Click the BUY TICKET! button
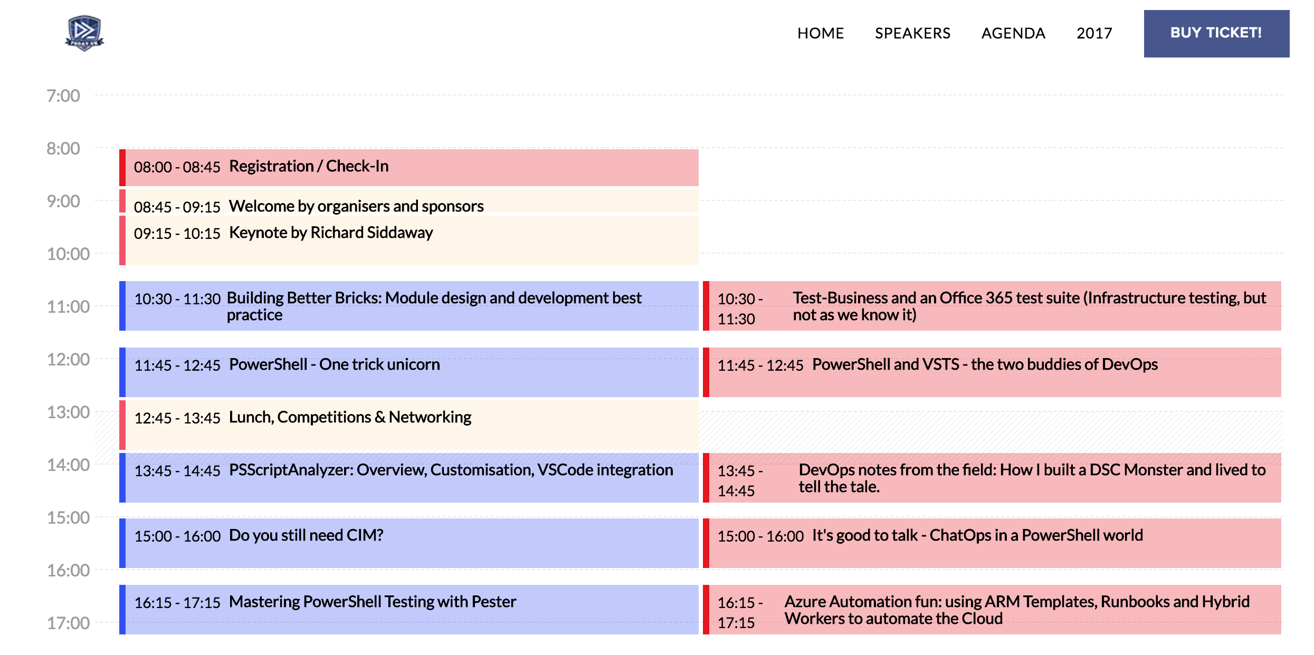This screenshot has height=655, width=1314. (x=1216, y=33)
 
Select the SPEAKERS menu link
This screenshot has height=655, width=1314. (x=912, y=33)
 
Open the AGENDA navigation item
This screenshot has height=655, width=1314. (x=1013, y=33)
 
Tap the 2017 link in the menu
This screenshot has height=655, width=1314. (x=1094, y=33)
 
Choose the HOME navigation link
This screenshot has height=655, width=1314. (x=821, y=33)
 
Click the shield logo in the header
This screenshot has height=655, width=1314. (x=84, y=33)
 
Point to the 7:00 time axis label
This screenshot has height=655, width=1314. (x=63, y=95)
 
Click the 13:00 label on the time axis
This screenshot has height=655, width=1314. (x=68, y=412)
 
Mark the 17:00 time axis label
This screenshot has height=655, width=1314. (x=68, y=623)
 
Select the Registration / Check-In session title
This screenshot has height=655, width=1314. (x=309, y=166)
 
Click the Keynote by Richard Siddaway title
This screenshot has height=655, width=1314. (x=331, y=233)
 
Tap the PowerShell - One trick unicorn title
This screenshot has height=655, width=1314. (x=334, y=364)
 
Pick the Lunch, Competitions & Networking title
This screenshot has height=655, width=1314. (x=350, y=417)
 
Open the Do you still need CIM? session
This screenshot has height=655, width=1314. (x=306, y=535)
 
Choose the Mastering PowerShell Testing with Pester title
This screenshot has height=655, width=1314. (x=373, y=602)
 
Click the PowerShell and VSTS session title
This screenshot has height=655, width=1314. (x=985, y=364)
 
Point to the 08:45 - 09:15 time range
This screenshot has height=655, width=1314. (x=177, y=207)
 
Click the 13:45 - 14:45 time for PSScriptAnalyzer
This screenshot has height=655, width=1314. (x=177, y=470)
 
